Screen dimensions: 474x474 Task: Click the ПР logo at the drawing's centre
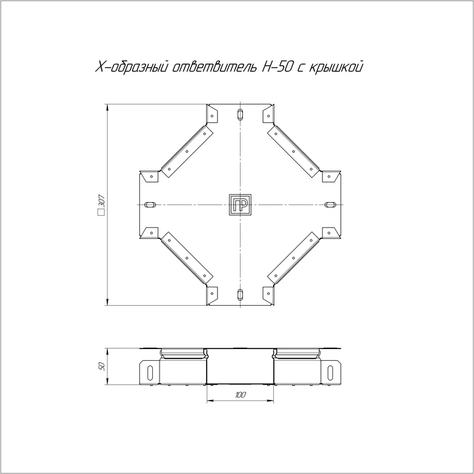click(x=240, y=204)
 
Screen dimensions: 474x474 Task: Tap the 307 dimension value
click(x=101, y=201)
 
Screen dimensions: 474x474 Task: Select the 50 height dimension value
click(x=102, y=366)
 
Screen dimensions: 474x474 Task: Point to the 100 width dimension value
click(x=240, y=395)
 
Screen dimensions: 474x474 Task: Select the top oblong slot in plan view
click(x=240, y=114)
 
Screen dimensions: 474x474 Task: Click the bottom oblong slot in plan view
click(x=240, y=294)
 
